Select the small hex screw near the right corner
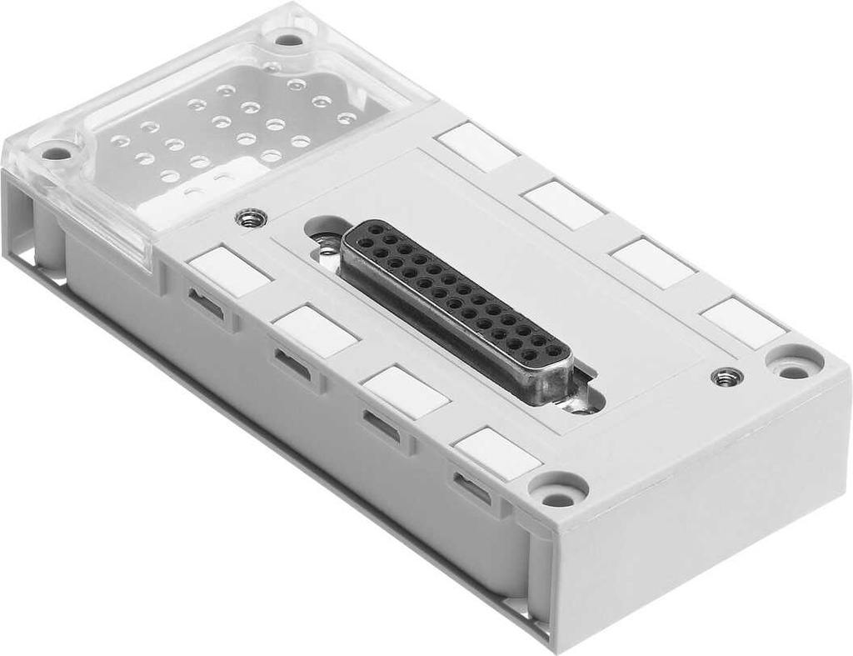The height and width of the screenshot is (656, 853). [726, 376]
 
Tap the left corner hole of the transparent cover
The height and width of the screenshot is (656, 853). [57, 153]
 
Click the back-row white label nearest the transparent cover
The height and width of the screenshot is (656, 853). [477, 147]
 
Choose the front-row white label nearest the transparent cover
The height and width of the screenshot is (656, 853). [229, 272]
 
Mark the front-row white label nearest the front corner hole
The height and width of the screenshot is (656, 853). [498, 454]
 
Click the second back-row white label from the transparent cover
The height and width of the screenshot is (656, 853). [564, 204]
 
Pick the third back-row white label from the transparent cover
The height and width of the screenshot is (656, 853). [652, 263]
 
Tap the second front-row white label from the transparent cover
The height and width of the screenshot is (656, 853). [316, 331]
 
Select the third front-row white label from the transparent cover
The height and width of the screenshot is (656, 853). [405, 392]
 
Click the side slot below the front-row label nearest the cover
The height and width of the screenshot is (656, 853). [207, 304]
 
